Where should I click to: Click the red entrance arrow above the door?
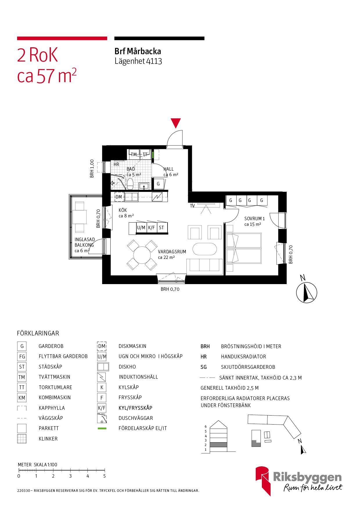[176, 122]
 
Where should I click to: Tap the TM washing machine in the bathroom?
[134, 154]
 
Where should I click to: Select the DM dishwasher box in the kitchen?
[119, 197]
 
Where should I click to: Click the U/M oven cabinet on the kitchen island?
[141, 228]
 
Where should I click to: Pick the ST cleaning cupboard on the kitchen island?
[162, 228]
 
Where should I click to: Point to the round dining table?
[142, 255]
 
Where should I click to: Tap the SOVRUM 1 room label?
[254, 219]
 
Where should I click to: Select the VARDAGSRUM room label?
[172, 252]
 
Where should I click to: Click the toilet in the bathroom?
[130, 183]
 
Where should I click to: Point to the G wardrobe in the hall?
[158, 184]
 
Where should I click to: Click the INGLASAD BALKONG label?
[84, 242]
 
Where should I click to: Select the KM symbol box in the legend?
[22, 398]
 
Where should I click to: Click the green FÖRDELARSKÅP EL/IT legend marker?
[102, 428]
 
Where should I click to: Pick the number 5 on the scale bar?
[105, 476]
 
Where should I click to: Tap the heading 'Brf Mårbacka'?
[138, 51]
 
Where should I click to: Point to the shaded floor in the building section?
[218, 445]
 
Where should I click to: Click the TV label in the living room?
[192, 206]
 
